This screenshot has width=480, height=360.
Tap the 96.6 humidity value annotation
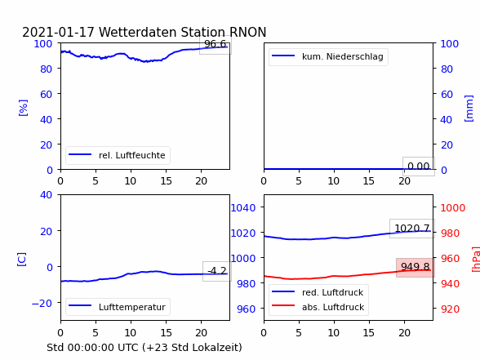click(216, 44)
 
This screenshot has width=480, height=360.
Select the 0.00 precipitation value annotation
click(419, 167)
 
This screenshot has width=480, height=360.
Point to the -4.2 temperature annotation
click(217, 271)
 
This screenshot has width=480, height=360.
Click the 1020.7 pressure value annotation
click(412, 229)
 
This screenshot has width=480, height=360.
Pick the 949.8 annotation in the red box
click(416, 267)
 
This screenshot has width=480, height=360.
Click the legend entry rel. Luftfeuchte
click(132, 155)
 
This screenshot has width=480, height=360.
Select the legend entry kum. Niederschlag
click(343, 56)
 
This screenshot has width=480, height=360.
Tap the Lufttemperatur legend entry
click(132, 307)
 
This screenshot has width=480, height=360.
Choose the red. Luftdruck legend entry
click(333, 292)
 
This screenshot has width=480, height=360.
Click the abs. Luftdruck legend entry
click(333, 307)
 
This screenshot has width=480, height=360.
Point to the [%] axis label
click(23, 108)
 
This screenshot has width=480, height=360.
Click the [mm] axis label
click(469, 109)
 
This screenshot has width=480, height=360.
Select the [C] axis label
click(22, 260)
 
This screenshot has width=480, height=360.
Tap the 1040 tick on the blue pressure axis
click(243, 208)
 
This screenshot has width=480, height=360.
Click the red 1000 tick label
click(453, 208)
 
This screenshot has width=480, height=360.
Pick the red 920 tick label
click(450, 309)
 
